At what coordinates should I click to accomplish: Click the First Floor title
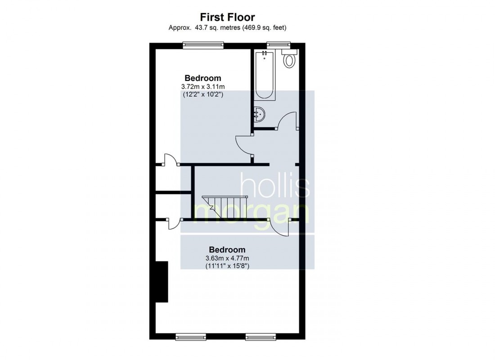click(227, 18)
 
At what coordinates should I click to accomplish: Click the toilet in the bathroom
click(289, 59)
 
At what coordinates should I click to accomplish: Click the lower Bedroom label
click(227, 250)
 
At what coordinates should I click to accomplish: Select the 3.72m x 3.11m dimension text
click(202, 86)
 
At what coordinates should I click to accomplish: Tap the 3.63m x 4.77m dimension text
click(227, 258)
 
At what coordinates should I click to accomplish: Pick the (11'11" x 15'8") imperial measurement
click(227, 266)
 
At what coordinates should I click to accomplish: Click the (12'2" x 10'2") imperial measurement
click(202, 94)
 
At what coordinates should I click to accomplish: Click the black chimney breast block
click(162, 282)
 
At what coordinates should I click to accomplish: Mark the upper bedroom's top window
click(203, 44)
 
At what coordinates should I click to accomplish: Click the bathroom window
click(278, 44)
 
